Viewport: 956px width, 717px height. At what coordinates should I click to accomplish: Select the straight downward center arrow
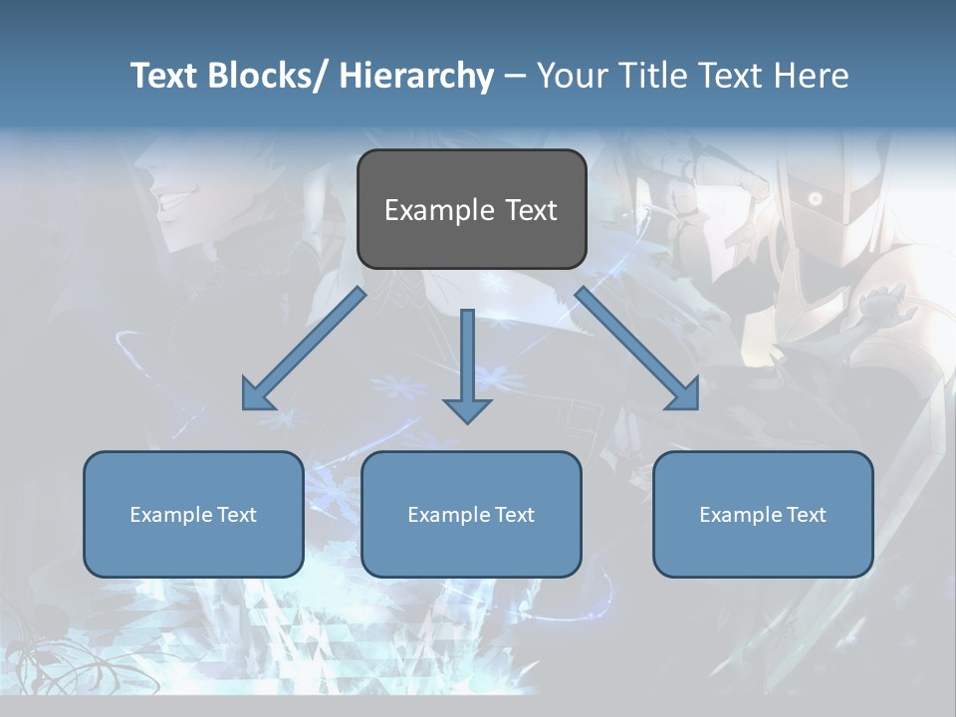[467, 363]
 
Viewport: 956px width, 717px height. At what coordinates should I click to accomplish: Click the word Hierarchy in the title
[416, 76]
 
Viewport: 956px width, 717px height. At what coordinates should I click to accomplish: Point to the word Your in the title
[571, 76]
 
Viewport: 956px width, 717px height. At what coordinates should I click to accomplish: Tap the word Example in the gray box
[439, 211]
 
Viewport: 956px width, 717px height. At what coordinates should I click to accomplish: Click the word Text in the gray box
[531, 210]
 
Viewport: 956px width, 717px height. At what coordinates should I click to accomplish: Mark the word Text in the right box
[805, 515]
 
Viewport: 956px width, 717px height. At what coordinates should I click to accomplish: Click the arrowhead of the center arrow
[467, 409]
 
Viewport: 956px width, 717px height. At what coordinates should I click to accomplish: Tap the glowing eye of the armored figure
[816, 199]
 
